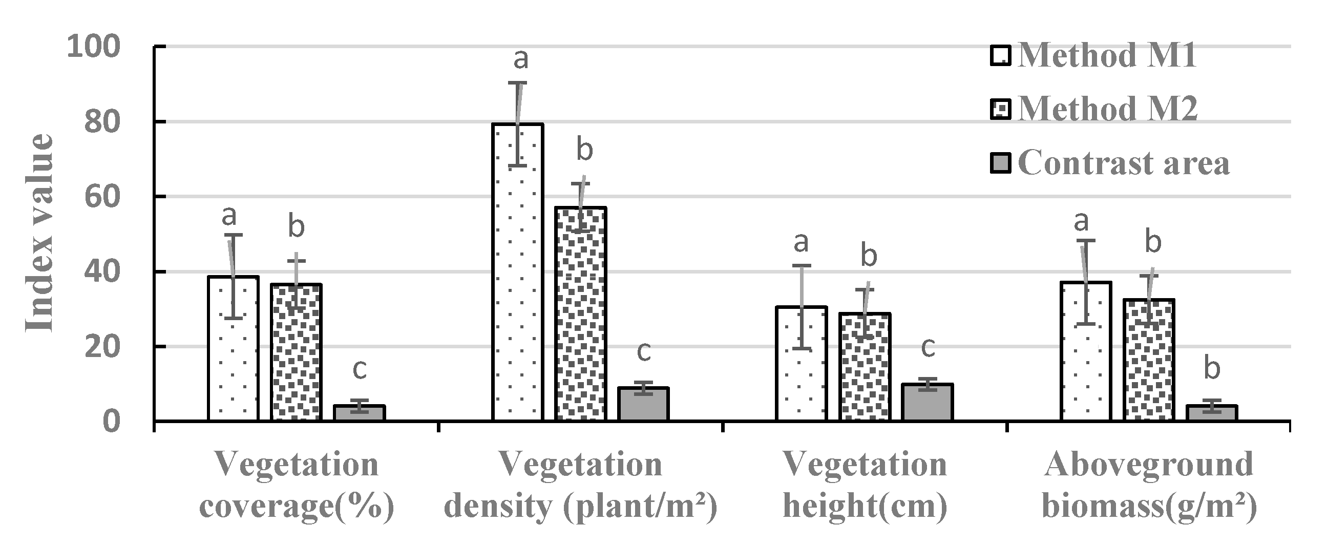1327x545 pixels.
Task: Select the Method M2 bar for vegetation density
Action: click(x=581, y=314)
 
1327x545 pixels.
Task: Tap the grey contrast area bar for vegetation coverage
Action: click(x=359, y=413)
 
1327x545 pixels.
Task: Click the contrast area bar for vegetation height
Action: click(x=927, y=402)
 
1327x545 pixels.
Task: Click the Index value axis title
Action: click(x=40, y=233)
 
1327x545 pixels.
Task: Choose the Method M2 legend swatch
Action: click(x=1000, y=109)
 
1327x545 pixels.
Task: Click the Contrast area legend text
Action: click(x=1124, y=163)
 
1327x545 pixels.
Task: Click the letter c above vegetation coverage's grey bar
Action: click(x=360, y=370)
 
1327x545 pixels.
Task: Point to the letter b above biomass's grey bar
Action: click(x=1212, y=369)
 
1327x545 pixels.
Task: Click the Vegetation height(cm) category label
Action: click(x=865, y=484)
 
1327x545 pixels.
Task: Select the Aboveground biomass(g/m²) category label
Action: click(x=1149, y=484)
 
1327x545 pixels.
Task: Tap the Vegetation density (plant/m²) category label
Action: click(x=581, y=484)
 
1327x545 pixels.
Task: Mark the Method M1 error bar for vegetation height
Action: click(x=801, y=307)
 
